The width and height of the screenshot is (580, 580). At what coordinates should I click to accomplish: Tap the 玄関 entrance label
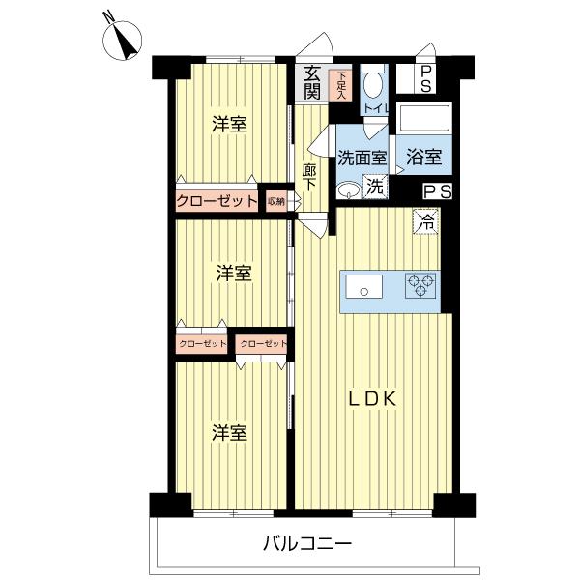[312, 83]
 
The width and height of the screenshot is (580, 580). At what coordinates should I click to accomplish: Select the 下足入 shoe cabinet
[340, 85]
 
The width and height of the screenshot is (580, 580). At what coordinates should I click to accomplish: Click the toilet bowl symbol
[375, 85]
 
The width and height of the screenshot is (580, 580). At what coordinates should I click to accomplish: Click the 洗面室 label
[362, 156]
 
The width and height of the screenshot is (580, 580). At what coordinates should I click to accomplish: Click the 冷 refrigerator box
[426, 220]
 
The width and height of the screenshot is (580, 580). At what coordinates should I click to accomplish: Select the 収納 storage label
[277, 201]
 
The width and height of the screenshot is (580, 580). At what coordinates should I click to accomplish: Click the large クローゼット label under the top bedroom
[217, 201]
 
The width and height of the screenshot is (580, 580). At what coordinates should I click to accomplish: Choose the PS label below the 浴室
[437, 191]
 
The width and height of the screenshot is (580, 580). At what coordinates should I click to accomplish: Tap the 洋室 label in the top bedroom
[229, 124]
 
